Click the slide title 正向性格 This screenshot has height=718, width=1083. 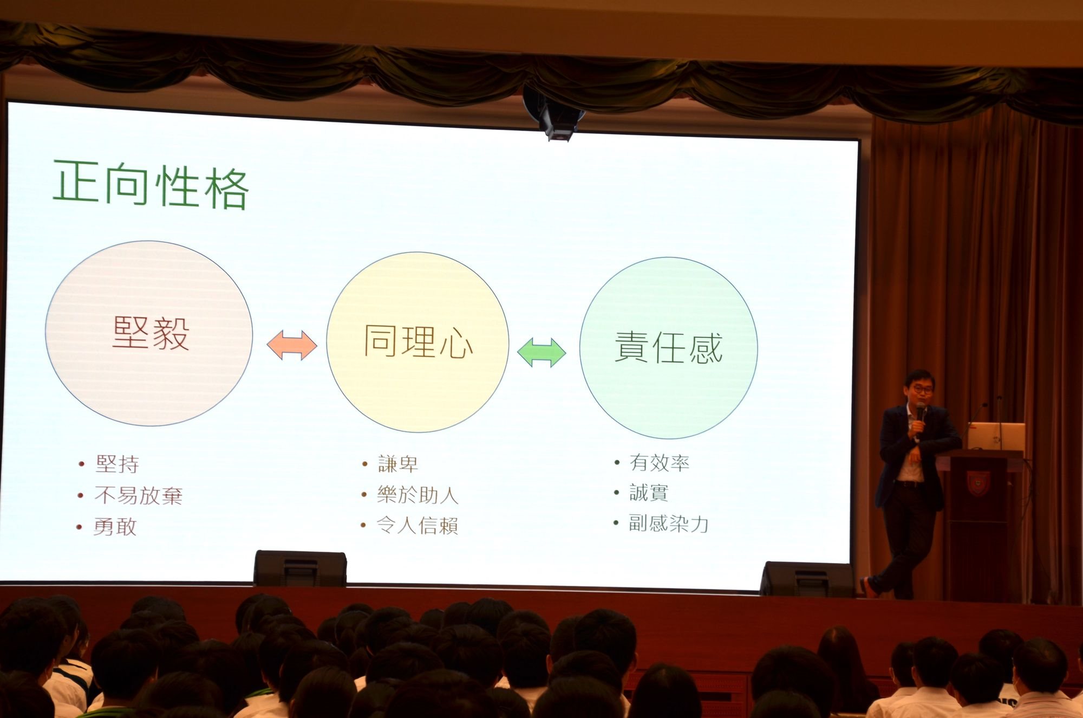[151, 185]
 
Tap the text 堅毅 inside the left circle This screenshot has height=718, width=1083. [151, 333]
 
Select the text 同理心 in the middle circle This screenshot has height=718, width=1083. [418, 342]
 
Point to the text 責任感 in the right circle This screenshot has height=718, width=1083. [668, 347]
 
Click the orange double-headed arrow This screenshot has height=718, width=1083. [292, 345]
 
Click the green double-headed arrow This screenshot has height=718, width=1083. [541, 353]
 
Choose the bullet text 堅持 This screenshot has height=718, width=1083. [118, 464]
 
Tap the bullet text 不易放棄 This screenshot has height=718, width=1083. [139, 495]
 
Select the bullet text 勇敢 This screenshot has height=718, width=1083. [115, 527]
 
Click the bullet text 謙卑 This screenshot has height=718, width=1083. [398, 464]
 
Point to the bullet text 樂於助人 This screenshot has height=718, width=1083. [417, 495]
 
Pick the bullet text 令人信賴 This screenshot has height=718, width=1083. [417, 526]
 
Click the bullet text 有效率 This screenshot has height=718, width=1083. [659, 463]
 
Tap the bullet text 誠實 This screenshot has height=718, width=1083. [649, 493]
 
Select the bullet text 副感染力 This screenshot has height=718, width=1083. [668, 523]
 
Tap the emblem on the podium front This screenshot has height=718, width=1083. [978, 483]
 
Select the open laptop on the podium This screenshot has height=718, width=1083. [996, 437]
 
